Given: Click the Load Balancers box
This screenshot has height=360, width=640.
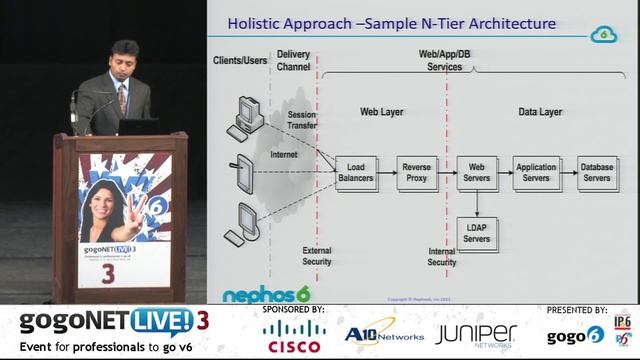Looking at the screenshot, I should tap(355, 172).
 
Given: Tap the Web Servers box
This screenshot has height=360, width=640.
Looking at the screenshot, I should tap(477, 172).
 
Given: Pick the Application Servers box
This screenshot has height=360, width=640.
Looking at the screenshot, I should tap(537, 172).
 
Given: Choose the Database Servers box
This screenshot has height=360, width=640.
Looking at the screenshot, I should tap(597, 172).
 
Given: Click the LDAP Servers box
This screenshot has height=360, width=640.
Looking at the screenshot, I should tap(477, 233).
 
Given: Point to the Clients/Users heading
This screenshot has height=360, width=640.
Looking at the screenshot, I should tap(240, 60).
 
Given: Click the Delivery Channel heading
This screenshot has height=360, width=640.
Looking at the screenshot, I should tap(293, 60).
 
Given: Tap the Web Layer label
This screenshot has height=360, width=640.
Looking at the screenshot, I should tap(381, 112).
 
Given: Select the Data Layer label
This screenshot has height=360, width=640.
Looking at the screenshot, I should tap(540, 112).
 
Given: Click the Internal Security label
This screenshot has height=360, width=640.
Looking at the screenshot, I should tap(441, 257).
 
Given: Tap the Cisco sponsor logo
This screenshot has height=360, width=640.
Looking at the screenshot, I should tap(294, 336).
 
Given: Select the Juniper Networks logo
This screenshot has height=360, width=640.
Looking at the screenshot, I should tap(475, 335).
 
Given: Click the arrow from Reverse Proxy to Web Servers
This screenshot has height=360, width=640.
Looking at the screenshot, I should tap(446, 172).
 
